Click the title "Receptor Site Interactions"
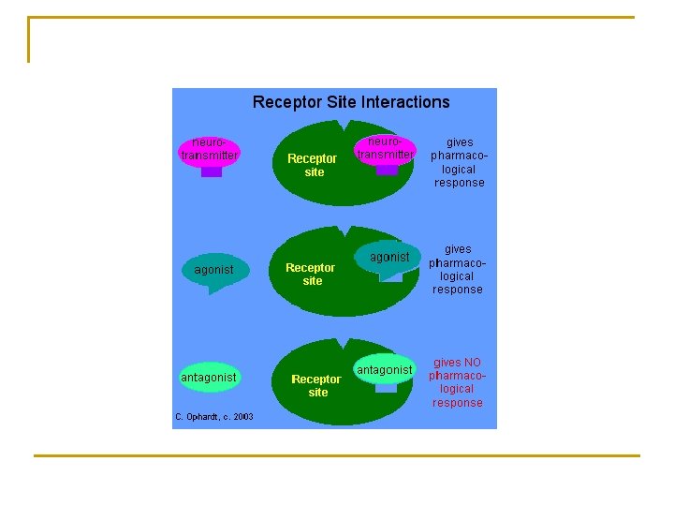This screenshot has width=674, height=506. click(x=351, y=102)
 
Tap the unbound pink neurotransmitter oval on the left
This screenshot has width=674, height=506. click(x=210, y=150)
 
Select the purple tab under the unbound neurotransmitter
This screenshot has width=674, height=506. click(x=212, y=171)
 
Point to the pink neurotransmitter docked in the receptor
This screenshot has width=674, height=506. click(x=385, y=148)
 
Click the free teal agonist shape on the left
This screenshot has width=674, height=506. click(x=214, y=270)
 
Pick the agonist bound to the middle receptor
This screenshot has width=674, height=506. click(x=389, y=257)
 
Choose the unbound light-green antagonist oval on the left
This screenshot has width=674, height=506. click(x=209, y=378)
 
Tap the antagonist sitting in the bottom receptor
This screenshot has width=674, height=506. click(x=385, y=369)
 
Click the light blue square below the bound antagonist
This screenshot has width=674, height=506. click(x=386, y=388)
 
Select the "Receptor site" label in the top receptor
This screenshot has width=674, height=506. click(x=312, y=166)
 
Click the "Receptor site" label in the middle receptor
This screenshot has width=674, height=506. click(x=310, y=274)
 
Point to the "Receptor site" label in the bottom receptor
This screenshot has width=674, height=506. click(x=316, y=385)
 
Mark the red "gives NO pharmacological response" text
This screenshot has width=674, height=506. click(x=458, y=382)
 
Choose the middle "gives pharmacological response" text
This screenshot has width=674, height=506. click(x=458, y=269)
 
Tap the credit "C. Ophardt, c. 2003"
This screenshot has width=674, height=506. click(x=213, y=416)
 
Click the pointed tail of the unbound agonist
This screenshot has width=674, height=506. click(x=215, y=290)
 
